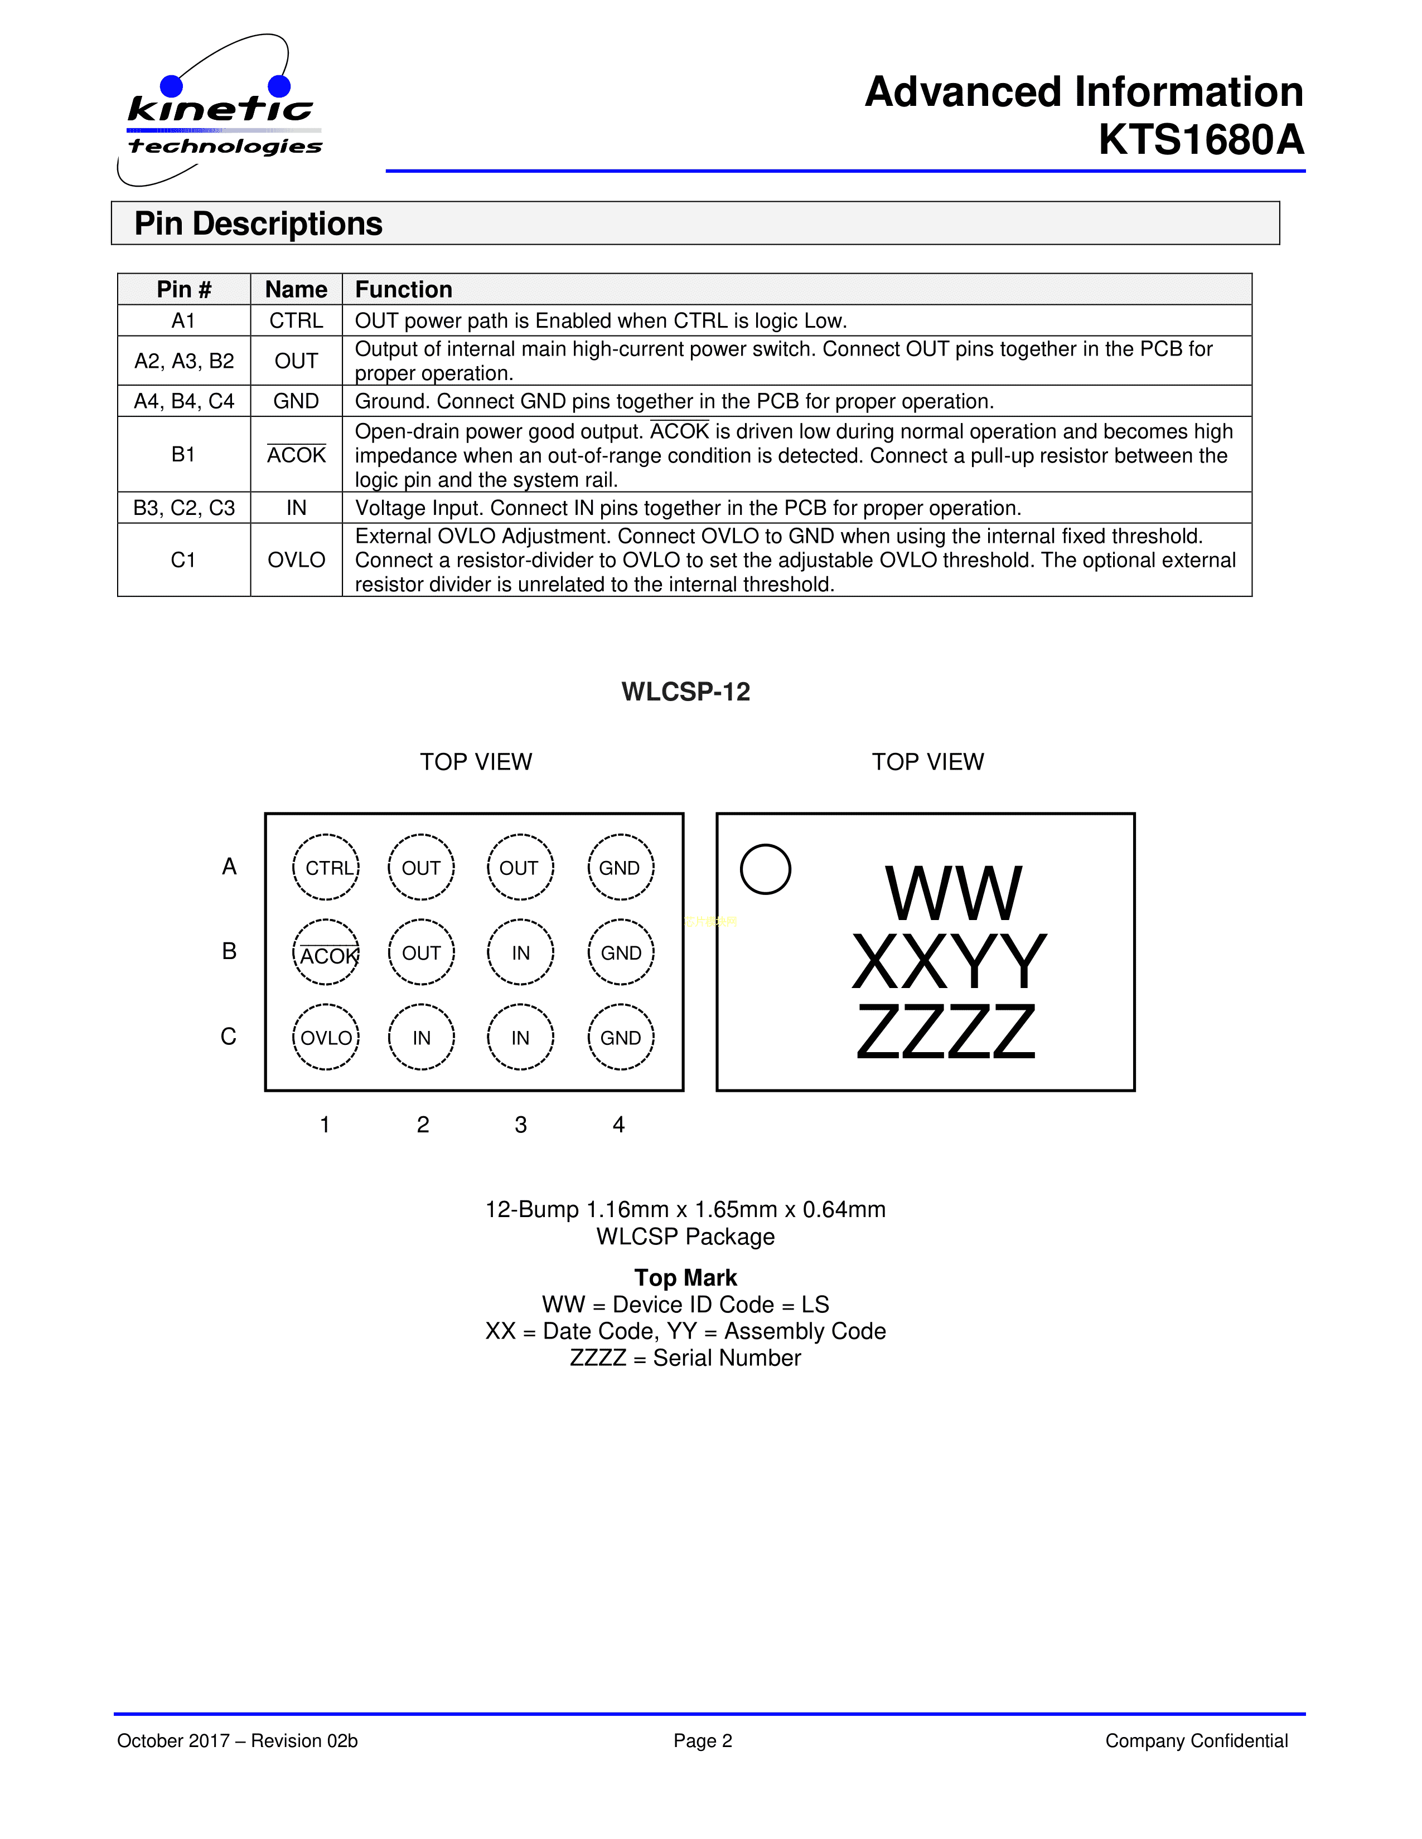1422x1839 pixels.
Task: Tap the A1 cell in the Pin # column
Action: [x=183, y=321]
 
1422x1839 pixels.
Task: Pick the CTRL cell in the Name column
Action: [x=296, y=321]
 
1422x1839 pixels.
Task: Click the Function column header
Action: [x=404, y=290]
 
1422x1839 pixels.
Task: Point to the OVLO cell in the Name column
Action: [x=296, y=560]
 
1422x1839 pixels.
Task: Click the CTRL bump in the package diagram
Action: [x=326, y=867]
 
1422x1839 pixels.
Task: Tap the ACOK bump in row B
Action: [x=326, y=952]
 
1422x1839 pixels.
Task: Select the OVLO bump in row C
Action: [x=326, y=1038]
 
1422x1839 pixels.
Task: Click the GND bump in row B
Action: [x=621, y=952]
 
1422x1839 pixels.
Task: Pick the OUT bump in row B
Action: [x=421, y=952]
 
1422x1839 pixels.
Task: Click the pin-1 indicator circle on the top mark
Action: [x=765, y=869]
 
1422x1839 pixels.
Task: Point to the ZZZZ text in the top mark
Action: [x=945, y=1032]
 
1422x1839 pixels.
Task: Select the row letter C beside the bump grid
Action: [x=228, y=1037]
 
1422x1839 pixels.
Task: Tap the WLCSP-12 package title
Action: [x=686, y=692]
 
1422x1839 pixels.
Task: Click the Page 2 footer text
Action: [x=703, y=1740]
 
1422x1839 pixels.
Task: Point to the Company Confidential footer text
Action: [x=1196, y=1740]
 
